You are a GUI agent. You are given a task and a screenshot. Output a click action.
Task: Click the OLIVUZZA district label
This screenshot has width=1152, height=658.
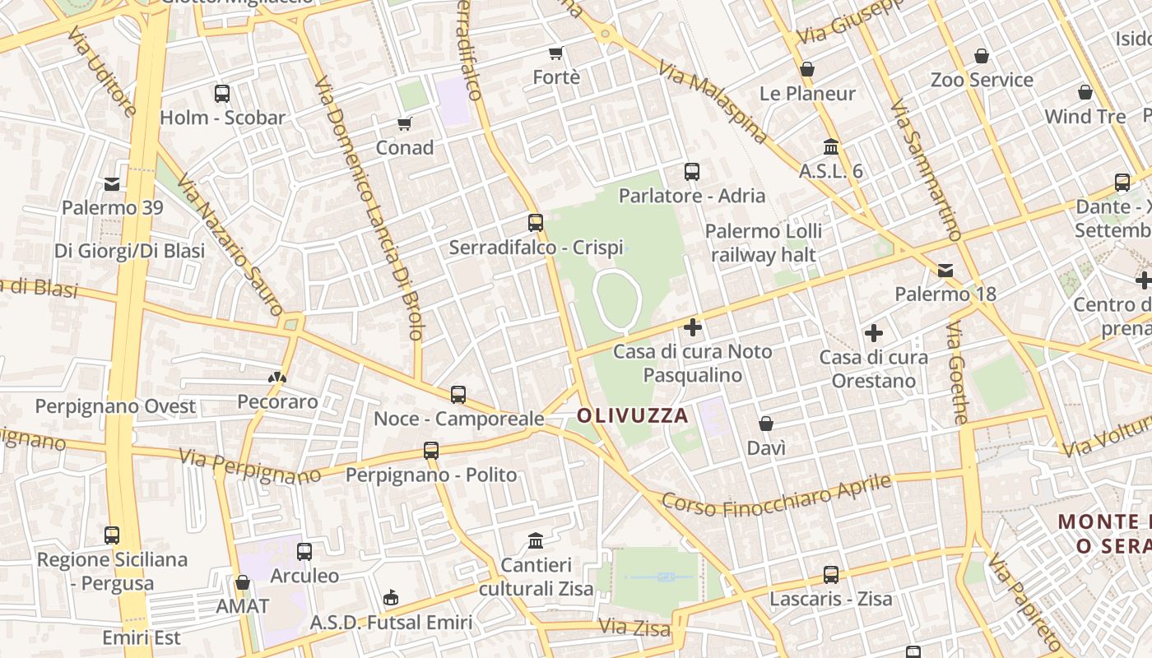(632, 415)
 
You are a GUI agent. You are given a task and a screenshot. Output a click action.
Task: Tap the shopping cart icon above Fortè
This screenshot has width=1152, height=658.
(556, 53)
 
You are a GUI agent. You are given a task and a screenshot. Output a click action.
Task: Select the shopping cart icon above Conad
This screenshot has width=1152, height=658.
(404, 124)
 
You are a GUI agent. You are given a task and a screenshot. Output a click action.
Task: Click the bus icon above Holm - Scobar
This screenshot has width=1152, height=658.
(222, 94)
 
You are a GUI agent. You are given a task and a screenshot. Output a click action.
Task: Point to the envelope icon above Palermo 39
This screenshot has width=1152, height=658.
(112, 183)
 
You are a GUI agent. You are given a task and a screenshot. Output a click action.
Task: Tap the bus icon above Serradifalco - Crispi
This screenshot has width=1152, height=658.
(536, 223)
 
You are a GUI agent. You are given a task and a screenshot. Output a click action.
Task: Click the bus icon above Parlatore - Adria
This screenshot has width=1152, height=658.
(692, 172)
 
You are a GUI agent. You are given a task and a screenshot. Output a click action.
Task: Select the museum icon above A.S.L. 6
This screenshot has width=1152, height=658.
(831, 147)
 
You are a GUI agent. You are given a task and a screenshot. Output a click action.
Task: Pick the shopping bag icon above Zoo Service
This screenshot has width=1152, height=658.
(982, 56)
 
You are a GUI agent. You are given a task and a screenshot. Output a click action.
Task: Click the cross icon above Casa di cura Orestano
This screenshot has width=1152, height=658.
(874, 333)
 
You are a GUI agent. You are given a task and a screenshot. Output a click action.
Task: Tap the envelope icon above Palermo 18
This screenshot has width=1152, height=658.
(945, 271)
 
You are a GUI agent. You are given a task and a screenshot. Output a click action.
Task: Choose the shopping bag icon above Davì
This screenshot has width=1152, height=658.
(766, 424)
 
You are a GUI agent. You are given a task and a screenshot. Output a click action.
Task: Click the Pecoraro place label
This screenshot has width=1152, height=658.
(277, 401)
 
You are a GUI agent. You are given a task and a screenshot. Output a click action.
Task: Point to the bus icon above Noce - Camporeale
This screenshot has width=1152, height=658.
(458, 395)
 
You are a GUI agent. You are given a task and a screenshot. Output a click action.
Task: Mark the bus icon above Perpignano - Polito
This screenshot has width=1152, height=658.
(431, 451)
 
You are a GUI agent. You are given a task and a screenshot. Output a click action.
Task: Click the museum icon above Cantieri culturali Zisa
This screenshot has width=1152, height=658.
(536, 541)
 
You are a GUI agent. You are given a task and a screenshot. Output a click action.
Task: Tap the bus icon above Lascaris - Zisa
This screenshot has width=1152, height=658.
(831, 575)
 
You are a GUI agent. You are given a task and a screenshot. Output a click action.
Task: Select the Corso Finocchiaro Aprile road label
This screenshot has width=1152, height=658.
(777, 496)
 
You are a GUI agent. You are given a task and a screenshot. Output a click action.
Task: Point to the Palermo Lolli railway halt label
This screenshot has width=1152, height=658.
(764, 243)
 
